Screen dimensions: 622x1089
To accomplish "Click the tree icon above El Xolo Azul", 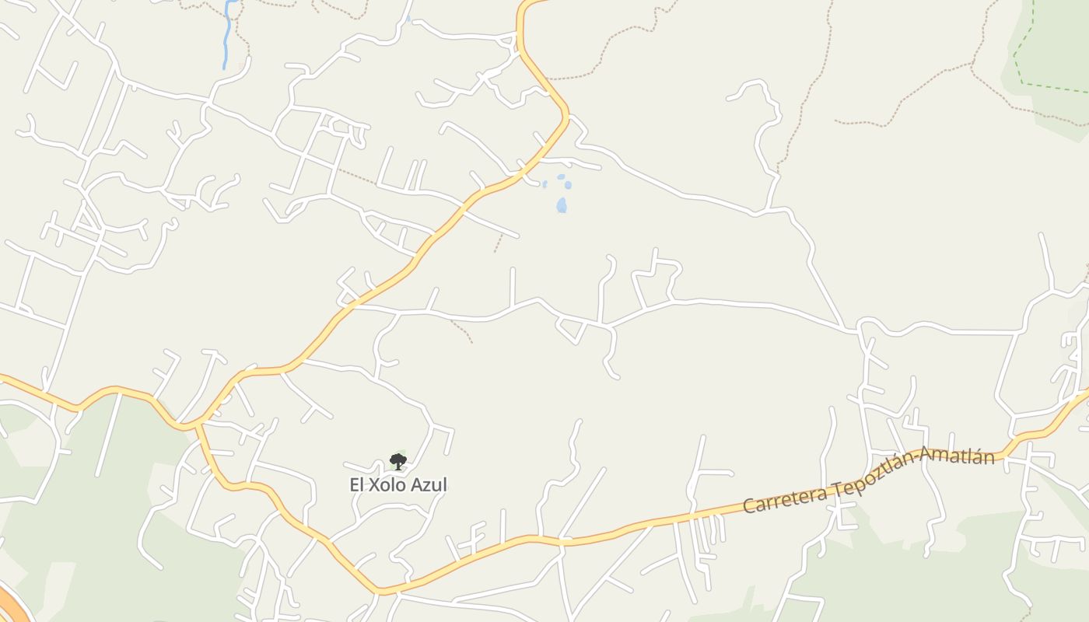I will click(398, 462).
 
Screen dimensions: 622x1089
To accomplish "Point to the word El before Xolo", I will click(357, 485).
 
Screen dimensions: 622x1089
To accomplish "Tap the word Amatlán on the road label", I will click(960, 456).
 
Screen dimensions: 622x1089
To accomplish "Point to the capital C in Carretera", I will click(749, 505).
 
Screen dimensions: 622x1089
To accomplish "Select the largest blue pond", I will click(562, 205).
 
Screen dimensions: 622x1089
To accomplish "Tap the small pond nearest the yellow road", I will click(544, 184).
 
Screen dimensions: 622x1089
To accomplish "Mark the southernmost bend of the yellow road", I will click(381, 591).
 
